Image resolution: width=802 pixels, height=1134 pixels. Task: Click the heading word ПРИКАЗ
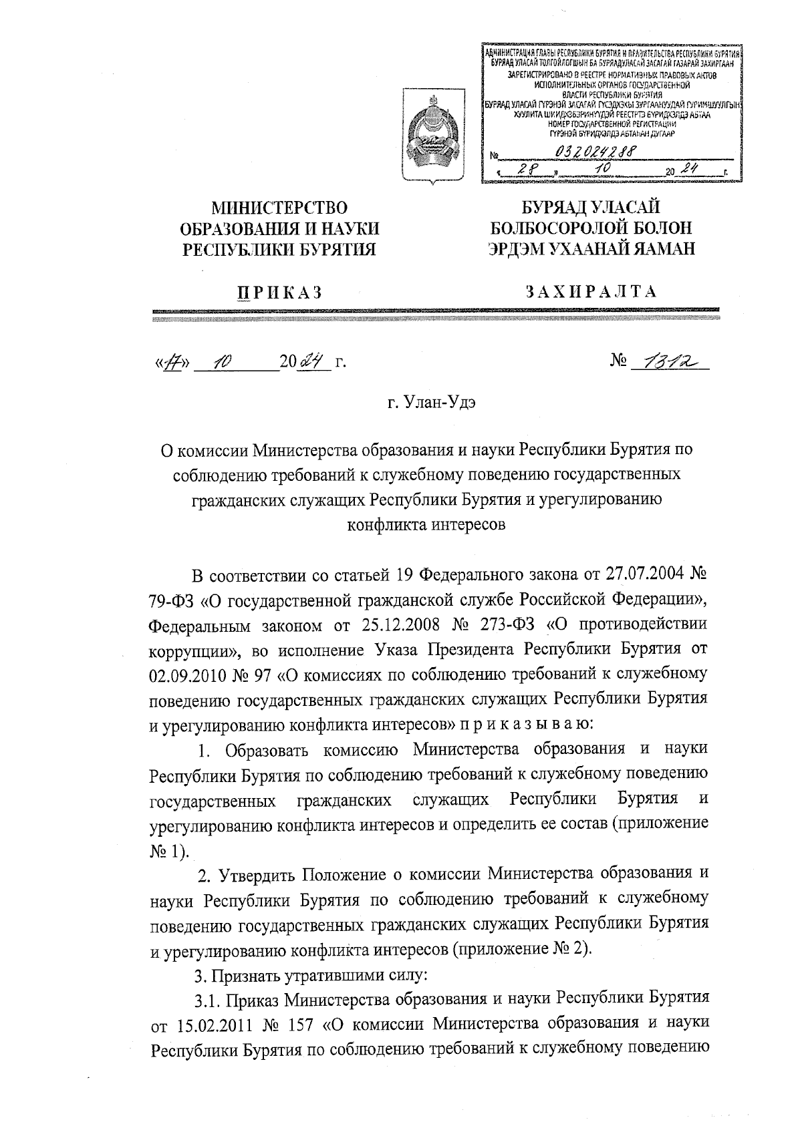[281, 292]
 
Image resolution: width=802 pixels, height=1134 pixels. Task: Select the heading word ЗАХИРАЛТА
[591, 291]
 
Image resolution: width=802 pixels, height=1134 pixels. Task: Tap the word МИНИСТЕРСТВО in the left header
[280, 208]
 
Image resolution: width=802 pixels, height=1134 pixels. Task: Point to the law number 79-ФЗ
[172, 600]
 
